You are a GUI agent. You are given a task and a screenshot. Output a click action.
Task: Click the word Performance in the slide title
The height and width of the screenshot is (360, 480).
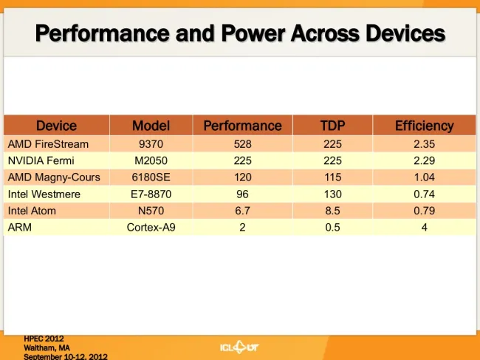103,33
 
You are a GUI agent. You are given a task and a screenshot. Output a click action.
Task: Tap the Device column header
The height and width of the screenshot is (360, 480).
56,126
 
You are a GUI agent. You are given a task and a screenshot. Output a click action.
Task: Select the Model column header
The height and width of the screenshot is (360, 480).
151,126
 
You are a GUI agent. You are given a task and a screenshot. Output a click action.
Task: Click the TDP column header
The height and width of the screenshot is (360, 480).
332,126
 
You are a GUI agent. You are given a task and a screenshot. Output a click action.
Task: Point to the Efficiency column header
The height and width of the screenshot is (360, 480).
425,126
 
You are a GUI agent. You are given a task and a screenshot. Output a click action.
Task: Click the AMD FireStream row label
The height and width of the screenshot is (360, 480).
48,144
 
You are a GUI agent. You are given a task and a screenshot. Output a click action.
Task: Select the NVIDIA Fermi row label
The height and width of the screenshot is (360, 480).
41,160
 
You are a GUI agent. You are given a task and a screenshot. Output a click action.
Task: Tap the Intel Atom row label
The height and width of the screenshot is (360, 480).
32,211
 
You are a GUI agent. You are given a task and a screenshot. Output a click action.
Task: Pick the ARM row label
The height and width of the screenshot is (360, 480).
20,228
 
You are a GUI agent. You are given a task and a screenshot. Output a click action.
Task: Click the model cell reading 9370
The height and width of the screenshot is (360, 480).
151,144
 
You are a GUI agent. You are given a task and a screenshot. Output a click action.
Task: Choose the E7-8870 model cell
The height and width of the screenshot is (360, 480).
151,194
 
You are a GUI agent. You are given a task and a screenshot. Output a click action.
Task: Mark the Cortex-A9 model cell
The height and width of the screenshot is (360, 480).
151,228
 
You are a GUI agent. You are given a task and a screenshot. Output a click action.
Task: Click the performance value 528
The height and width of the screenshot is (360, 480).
242,144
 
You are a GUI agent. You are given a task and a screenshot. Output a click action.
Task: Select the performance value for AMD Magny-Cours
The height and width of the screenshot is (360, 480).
242,177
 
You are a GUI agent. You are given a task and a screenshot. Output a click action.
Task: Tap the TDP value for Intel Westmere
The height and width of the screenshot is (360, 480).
332,194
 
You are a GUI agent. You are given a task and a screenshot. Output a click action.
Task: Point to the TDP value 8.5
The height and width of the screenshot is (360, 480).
332,211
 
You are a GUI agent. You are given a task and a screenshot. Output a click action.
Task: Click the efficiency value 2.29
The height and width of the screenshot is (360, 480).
425,160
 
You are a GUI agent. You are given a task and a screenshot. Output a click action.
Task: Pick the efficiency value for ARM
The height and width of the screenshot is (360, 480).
425,228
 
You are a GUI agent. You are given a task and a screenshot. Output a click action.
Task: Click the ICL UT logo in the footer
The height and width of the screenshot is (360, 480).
239,347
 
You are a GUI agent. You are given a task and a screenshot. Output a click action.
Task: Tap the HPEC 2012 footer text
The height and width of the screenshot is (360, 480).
44,339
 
